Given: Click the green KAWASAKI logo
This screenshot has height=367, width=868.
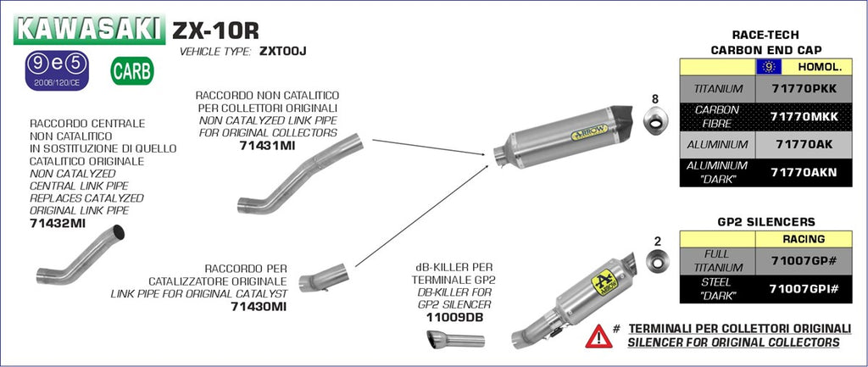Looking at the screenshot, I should (89, 30).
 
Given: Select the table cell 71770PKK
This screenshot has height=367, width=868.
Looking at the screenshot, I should (804, 88).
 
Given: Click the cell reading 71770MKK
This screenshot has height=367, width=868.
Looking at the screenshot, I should (804, 116).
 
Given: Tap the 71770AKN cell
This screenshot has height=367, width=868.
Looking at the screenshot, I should (804, 172).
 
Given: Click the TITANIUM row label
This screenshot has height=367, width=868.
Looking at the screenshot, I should (718, 88).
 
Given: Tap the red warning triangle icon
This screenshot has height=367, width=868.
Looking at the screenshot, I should (598, 336).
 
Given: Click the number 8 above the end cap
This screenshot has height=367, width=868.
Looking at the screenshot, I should (654, 99).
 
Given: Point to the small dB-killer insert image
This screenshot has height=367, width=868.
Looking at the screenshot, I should (454, 341).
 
